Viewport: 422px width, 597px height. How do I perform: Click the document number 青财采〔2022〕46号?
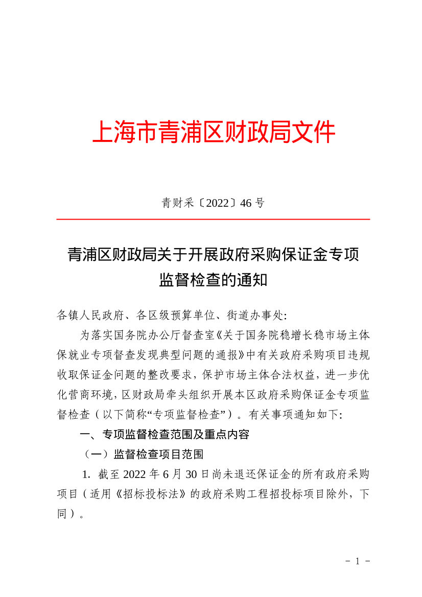213,203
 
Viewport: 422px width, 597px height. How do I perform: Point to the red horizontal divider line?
213,220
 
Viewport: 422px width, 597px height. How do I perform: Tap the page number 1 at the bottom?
358,561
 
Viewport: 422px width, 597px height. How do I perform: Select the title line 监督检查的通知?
213,279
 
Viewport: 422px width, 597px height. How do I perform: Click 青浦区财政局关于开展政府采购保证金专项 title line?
213,254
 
